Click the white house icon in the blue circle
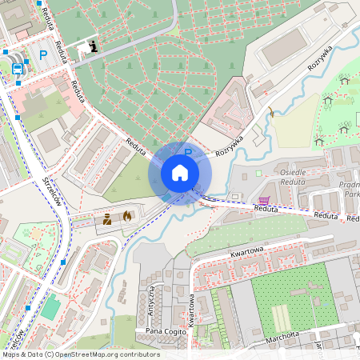click(x=180, y=173)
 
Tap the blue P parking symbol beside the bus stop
click(x=42, y=55)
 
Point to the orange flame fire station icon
click(x=126, y=215)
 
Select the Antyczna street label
click(x=151, y=300)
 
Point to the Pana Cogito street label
click(x=166, y=330)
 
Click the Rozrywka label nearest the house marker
click(x=229, y=149)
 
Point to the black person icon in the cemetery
click(x=94, y=45)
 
